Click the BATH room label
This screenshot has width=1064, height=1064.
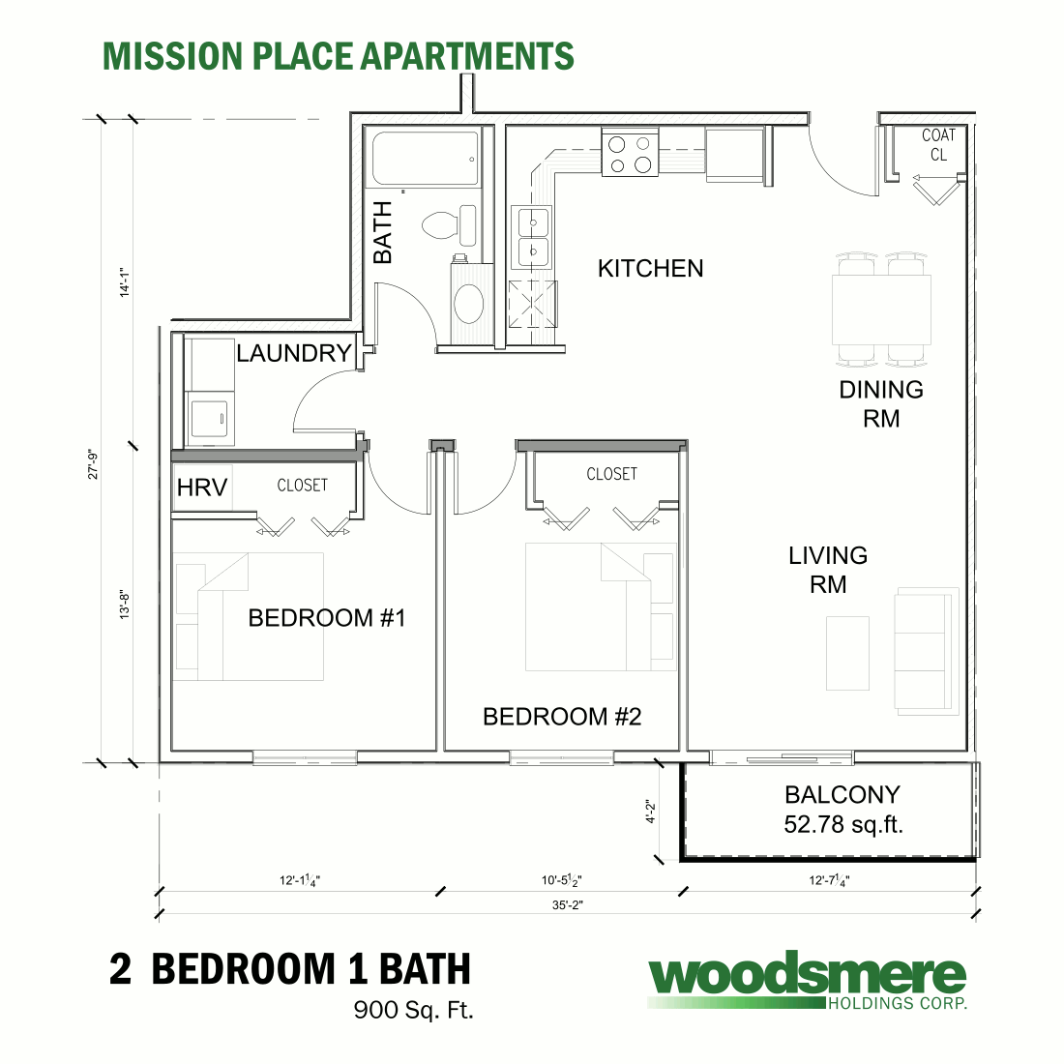click(x=383, y=232)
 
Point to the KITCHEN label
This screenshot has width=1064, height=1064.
click(x=650, y=268)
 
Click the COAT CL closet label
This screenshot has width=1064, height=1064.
click(x=938, y=145)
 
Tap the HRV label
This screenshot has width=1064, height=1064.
click(x=202, y=488)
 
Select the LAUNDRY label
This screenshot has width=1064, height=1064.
click(x=293, y=353)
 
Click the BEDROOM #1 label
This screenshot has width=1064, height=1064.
click(x=326, y=618)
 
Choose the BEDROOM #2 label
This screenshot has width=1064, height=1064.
click(x=562, y=717)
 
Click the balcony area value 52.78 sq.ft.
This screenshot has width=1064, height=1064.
click(x=842, y=825)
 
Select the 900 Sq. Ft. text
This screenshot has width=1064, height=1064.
click(x=413, y=1011)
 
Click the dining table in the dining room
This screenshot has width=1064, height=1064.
click(x=881, y=310)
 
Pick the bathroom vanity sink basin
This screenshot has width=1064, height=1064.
click(x=469, y=303)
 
